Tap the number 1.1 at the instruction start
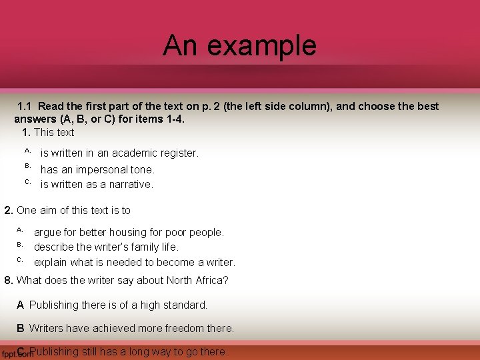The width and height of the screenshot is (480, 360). [25, 106]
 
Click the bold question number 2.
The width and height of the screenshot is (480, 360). [9, 211]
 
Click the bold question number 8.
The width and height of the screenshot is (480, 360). [9, 280]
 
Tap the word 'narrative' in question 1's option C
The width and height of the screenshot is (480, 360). [129, 185]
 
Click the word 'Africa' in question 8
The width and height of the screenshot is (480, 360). [209, 280]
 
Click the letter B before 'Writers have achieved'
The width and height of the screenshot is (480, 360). [21, 329]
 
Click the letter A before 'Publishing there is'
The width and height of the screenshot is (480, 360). [21, 305]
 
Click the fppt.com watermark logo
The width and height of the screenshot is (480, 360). [17, 354]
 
